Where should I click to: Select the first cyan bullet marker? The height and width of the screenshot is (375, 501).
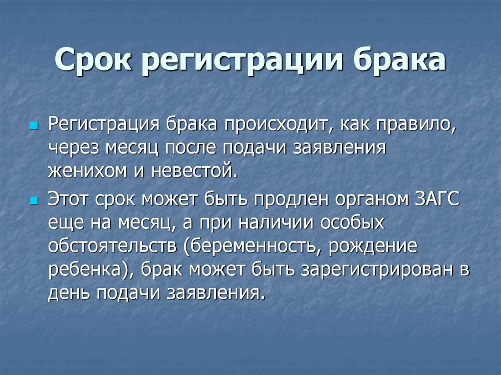point(34,127)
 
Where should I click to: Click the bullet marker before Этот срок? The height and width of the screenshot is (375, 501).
point(34,201)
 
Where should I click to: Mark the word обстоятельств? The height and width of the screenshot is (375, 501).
point(112,246)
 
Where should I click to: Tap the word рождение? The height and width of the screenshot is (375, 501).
point(374,247)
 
